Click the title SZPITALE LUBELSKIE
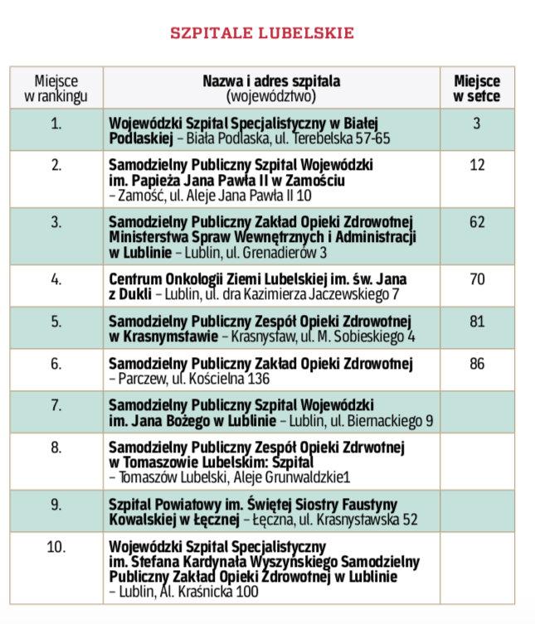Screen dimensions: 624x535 [x=262, y=33]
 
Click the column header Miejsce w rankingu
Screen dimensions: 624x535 [x=56, y=88]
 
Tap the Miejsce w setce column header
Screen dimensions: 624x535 [x=477, y=88]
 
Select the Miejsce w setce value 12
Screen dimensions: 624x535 [x=477, y=165]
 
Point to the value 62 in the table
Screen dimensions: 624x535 [x=477, y=221]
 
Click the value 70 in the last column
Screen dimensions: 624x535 [x=477, y=279]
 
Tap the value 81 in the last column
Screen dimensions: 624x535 [x=477, y=322]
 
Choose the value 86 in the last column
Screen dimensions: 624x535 [x=477, y=363]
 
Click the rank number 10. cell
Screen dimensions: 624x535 [x=56, y=547]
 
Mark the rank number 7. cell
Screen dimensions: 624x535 [x=56, y=405]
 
